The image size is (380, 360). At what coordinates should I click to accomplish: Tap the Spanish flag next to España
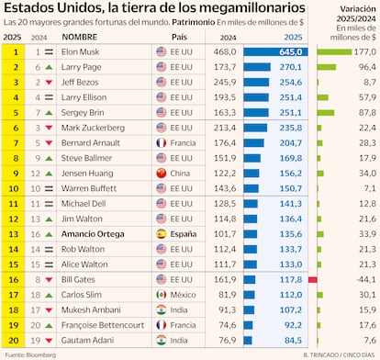pyautogui.click(x=160, y=234)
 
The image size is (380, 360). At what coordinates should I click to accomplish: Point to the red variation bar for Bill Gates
pyautogui.click(x=313, y=279)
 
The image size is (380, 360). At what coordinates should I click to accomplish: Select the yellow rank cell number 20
pyautogui.click(x=15, y=339)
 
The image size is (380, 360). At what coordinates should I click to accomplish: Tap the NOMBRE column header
pyautogui.click(x=80, y=38)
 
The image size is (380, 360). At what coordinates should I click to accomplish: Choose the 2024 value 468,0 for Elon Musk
pyautogui.click(x=225, y=53)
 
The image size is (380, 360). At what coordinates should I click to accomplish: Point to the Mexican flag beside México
pyautogui.click(x=160, y=294)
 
